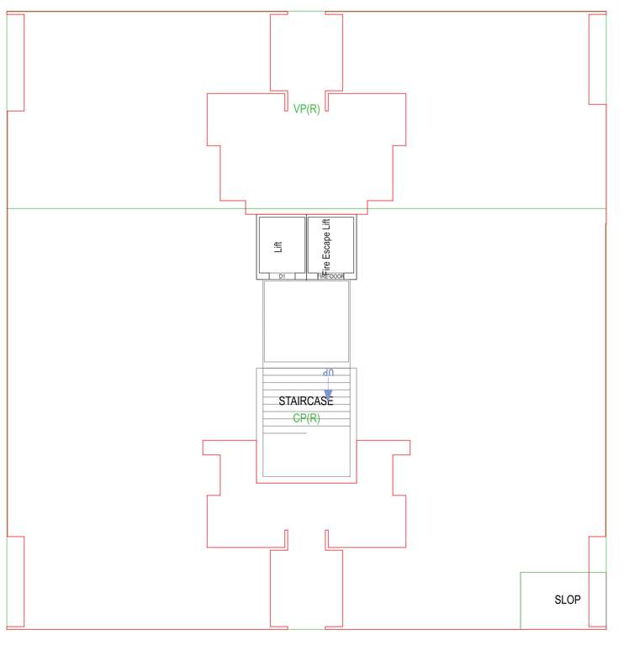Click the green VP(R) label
(306, 108)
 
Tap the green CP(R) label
(306, 418)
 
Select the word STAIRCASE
(306, 401)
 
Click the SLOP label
(567, 600)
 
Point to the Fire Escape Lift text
(326, 246)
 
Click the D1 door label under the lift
(282, 275)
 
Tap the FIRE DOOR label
(330, 275)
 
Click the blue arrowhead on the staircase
(329, 392)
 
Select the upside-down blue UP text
(329, 373)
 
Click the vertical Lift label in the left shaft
(278, 246)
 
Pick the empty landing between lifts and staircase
(306, 322)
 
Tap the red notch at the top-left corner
(15, 62)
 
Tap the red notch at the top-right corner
(597, 59)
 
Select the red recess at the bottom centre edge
(306, 588)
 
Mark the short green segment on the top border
(306, 12)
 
